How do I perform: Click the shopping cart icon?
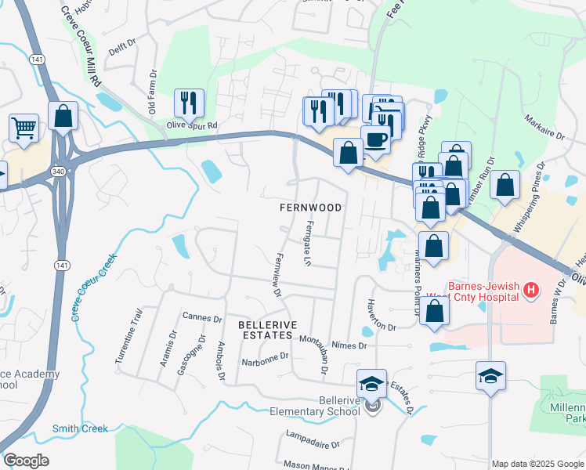(x=24, y=127)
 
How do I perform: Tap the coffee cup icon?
(x=376, y=139)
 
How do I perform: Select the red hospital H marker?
(x=532, y=291)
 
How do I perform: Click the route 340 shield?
(x=58, y=169)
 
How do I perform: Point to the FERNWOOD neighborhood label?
(x=311, y=208)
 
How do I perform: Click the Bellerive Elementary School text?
(x=314, y=406)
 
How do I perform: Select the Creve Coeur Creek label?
(x=94, y=287)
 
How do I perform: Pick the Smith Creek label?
(x=80, y=428)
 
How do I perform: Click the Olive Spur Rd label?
(x=191, y=125)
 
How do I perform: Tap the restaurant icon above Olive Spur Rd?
(x=189, y=102)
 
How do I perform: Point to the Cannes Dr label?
(x=202, y=317)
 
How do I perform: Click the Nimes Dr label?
(x=349, y=345)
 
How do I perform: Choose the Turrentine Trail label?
(x=129, y=346)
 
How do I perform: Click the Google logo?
(x=26, y=461)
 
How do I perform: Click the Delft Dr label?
(x=123, y=49)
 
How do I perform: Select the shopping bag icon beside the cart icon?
(x=63, y=116)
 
